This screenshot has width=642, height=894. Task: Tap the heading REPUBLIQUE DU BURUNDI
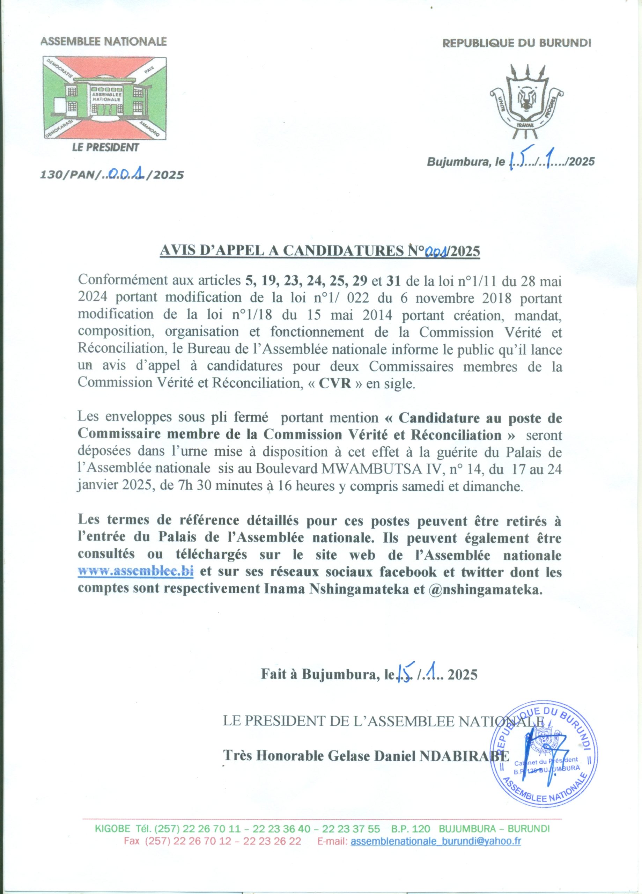point(517,43)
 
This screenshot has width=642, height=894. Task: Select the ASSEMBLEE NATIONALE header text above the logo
point(104,42)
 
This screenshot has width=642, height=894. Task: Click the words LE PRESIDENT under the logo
point(105,148)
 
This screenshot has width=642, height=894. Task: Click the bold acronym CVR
point(335,383)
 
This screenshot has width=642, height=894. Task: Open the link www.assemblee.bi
point(135,571)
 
